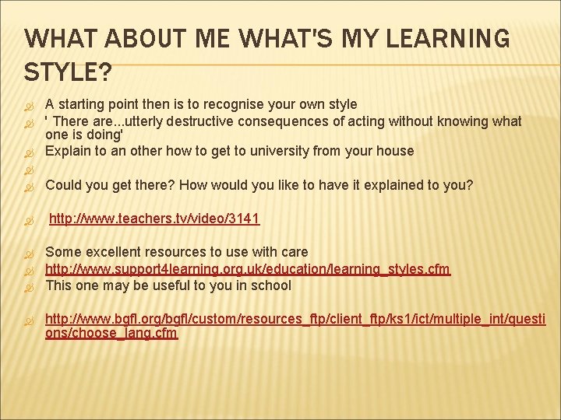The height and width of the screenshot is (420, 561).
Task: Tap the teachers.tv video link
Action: click(154, 219)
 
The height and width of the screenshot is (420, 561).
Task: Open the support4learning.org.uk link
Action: click(248, 269)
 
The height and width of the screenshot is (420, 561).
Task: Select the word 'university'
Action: click(277, 151)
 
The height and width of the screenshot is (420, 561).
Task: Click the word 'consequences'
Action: click(284, 121)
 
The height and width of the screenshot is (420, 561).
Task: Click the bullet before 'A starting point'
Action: click(30, 105)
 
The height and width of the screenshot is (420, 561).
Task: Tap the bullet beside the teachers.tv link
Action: click(30, 220)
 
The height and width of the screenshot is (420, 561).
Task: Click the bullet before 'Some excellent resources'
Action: click(30, 253)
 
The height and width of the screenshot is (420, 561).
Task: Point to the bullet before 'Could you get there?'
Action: click(30, 186)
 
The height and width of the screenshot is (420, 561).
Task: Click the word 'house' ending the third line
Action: click(395, 151)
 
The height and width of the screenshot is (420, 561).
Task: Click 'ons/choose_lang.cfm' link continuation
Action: click(111, 334)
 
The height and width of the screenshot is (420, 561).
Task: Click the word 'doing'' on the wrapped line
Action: click(105, 134)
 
